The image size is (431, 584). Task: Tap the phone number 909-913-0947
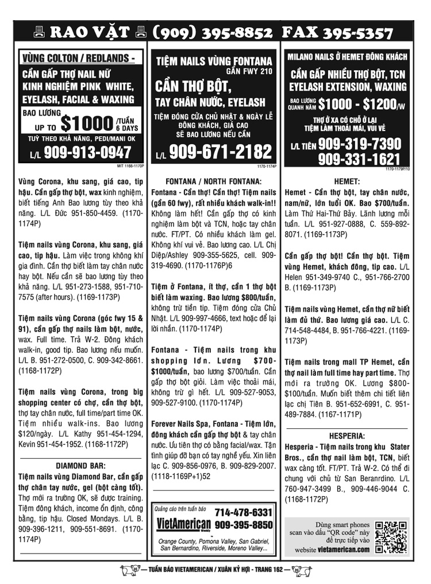(87, 153)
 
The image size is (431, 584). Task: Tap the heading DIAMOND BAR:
(80, 465)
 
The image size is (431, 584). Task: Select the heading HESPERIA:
(347, 436)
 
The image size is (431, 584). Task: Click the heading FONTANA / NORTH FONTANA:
(213, 180)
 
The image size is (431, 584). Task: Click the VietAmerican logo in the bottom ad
(183, 524)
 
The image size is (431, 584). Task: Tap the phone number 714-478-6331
(243, 512)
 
